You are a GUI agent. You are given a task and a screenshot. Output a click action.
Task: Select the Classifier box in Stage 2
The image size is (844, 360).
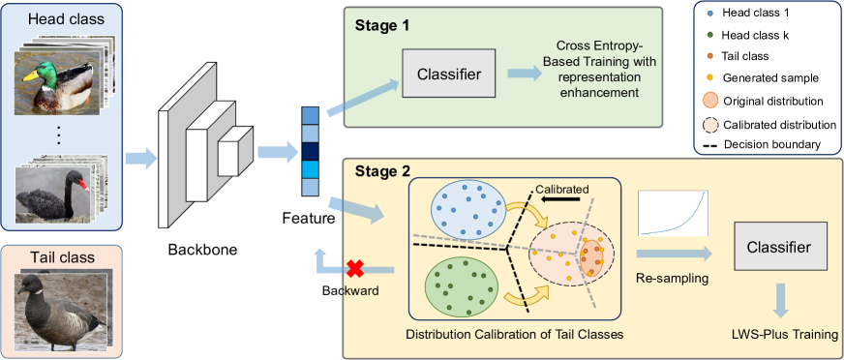[x=779, y=249]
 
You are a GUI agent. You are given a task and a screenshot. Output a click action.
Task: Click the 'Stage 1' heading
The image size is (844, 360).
[x=380, y=24]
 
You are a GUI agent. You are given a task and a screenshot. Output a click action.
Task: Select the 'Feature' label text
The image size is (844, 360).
[x=309, y=219]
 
